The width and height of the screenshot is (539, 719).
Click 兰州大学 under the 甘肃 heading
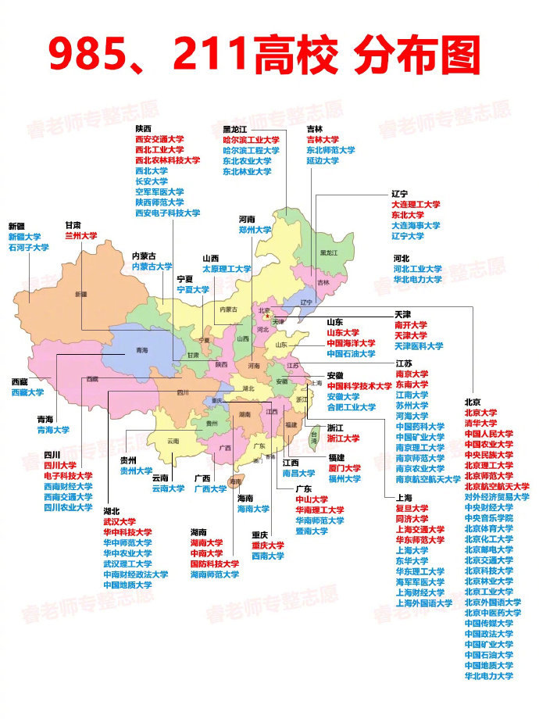pyautogui.click(x=80, y=235)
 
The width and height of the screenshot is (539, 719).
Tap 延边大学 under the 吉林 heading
pyautogui.click(x=322, y=161)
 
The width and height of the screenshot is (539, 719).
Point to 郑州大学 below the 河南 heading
pyautogui.click(x=255, y=231)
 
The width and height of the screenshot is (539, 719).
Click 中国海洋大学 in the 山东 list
pyautogui.click(x=351, y=343)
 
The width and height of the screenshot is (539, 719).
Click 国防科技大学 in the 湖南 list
pyautogui.click(x=214, y=563)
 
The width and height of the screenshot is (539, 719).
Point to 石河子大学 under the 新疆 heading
pyautogui.click(x=29, y=248)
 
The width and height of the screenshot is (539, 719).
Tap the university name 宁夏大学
pyautogui.click(x=193, y=289)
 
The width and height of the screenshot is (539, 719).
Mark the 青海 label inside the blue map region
pyautogui.click(x=141, y=350)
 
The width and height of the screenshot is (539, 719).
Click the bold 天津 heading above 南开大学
pyautogui.click(x=402, y=313)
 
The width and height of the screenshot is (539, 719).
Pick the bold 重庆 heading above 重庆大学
pyautogui.click(x=259, y=535)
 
